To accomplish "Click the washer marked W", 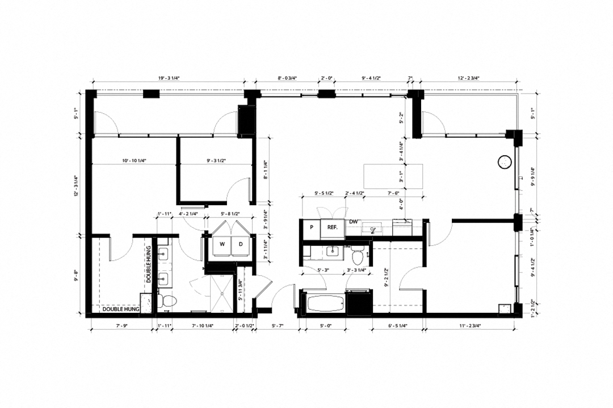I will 222,244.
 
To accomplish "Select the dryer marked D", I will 241,244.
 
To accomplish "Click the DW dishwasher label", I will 353,222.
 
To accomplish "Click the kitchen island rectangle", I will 393,177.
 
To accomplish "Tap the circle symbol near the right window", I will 503,163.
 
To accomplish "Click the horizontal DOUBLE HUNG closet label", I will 121,309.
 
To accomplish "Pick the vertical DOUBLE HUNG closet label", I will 148,264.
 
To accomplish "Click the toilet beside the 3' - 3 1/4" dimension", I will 358,256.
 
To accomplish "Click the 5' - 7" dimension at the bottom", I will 278,326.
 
